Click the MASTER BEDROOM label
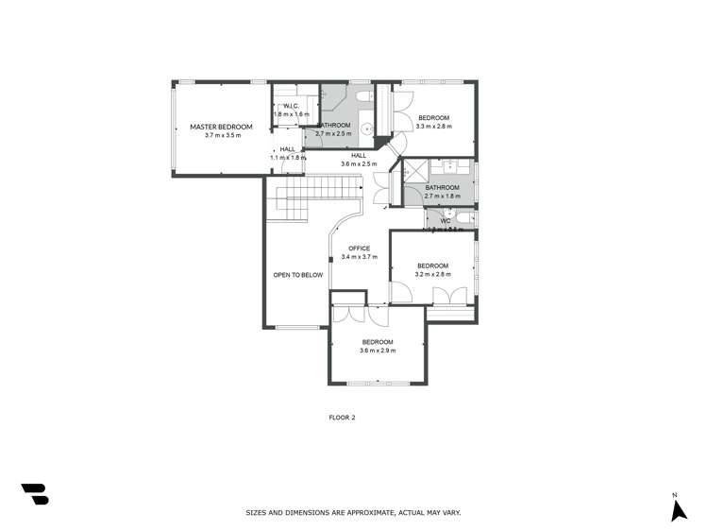coord(221,127)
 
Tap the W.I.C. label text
coord(291,106)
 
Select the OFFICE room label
coord(359,248)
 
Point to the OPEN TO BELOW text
coord(297,275)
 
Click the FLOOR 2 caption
coord(341,416)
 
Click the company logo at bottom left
coord(34,494)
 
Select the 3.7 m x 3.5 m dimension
coord(223,136)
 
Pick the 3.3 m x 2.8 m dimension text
coord(434,127)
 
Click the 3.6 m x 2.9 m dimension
coord(377,351)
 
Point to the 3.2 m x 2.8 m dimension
coord(433,275)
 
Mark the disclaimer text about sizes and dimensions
coord(352,512)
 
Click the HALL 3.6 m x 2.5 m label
coord(359,160)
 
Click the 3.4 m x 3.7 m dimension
coord(359,257)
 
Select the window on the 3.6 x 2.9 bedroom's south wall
coord(377,383)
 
